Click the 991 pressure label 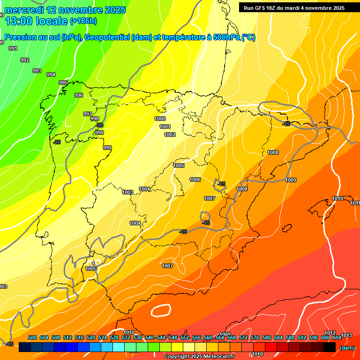coord(13,49)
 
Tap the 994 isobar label coord(51,75)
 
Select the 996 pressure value coord(79,96)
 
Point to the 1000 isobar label coord(160,119)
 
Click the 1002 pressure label coord(170,135)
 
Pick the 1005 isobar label coord(179,165)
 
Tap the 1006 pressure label coord(195,180)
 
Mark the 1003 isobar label coord(127,192)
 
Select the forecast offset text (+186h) coord(83,21)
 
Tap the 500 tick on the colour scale coord(32,337)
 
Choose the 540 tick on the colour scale coord(150,337)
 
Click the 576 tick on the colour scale coord(255,337)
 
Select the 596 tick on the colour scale coord(314,337)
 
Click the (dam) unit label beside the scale coord(347,348)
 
